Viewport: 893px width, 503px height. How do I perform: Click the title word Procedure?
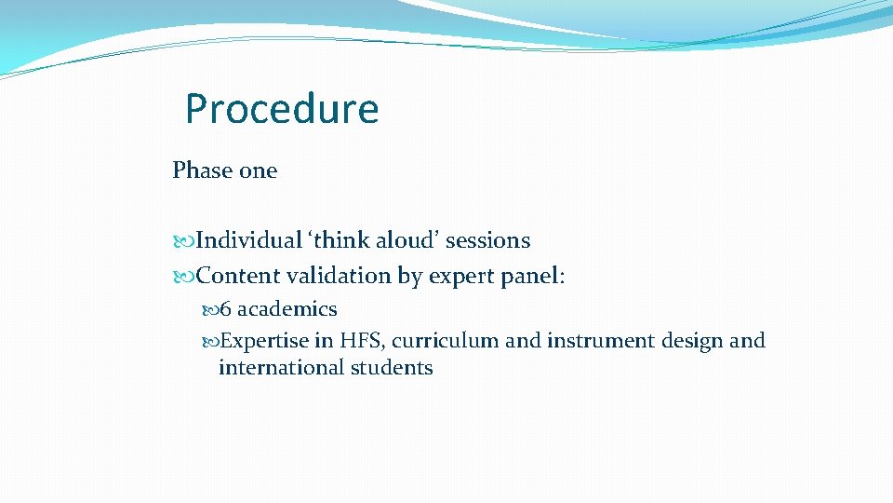[282, 109]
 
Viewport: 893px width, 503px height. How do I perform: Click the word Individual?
[249, 240]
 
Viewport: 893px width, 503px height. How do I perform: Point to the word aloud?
[406, 240]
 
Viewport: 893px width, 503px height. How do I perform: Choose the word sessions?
[488, 240]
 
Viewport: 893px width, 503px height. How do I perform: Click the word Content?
[239, 276]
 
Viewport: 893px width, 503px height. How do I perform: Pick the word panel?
[529, 276]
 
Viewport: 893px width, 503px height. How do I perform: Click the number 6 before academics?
[226, 309]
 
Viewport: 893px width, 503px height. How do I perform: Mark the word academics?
[287, 309]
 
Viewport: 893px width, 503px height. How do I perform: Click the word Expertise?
[265, 341]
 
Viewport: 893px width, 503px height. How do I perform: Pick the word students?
[392, 368]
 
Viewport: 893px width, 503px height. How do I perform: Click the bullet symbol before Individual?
[182, 241]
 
